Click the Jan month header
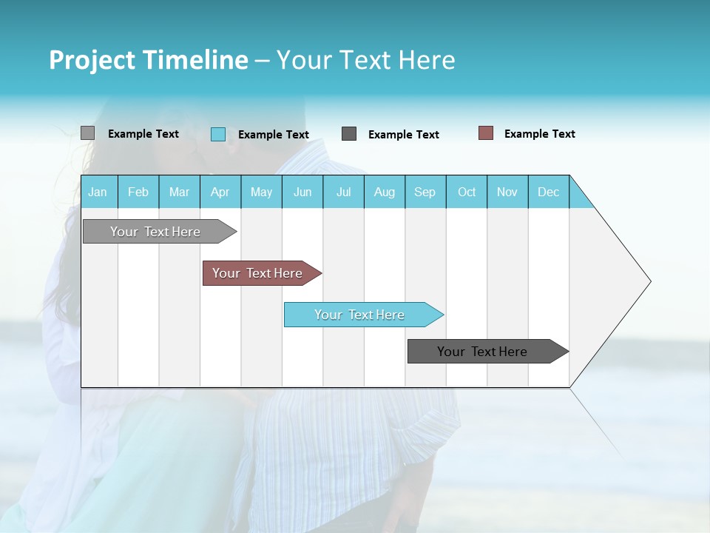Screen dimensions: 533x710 point(98,192)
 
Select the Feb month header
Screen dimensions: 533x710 point(138,192)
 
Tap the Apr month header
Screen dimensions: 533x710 point(220,192)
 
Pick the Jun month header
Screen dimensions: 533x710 point(302,192)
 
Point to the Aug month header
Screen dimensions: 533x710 point(385,192)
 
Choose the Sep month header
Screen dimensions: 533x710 point(425,192)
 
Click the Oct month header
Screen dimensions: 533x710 point(467,192)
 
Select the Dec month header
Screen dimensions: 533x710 point(549,192)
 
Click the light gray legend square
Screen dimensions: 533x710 point(87,133)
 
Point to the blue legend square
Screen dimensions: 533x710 point(218,134)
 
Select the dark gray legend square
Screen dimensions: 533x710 point(349,134)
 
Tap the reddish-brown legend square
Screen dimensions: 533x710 point(486,133)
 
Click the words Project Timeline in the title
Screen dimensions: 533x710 point(148,60)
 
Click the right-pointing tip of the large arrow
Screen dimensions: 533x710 point(647,281)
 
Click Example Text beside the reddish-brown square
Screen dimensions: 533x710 point(539,134)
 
